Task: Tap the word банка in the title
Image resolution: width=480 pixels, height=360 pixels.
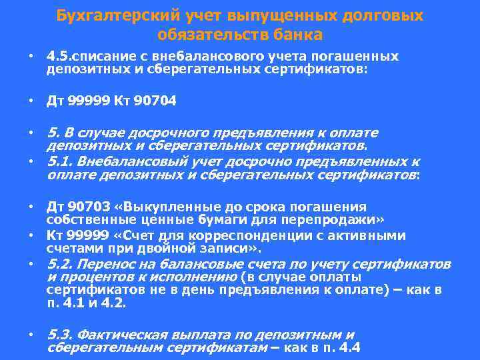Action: click(299, 34)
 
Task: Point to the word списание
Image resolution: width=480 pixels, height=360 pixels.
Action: click(103, 57)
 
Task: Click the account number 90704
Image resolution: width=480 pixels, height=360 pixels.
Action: click(155, 101)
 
